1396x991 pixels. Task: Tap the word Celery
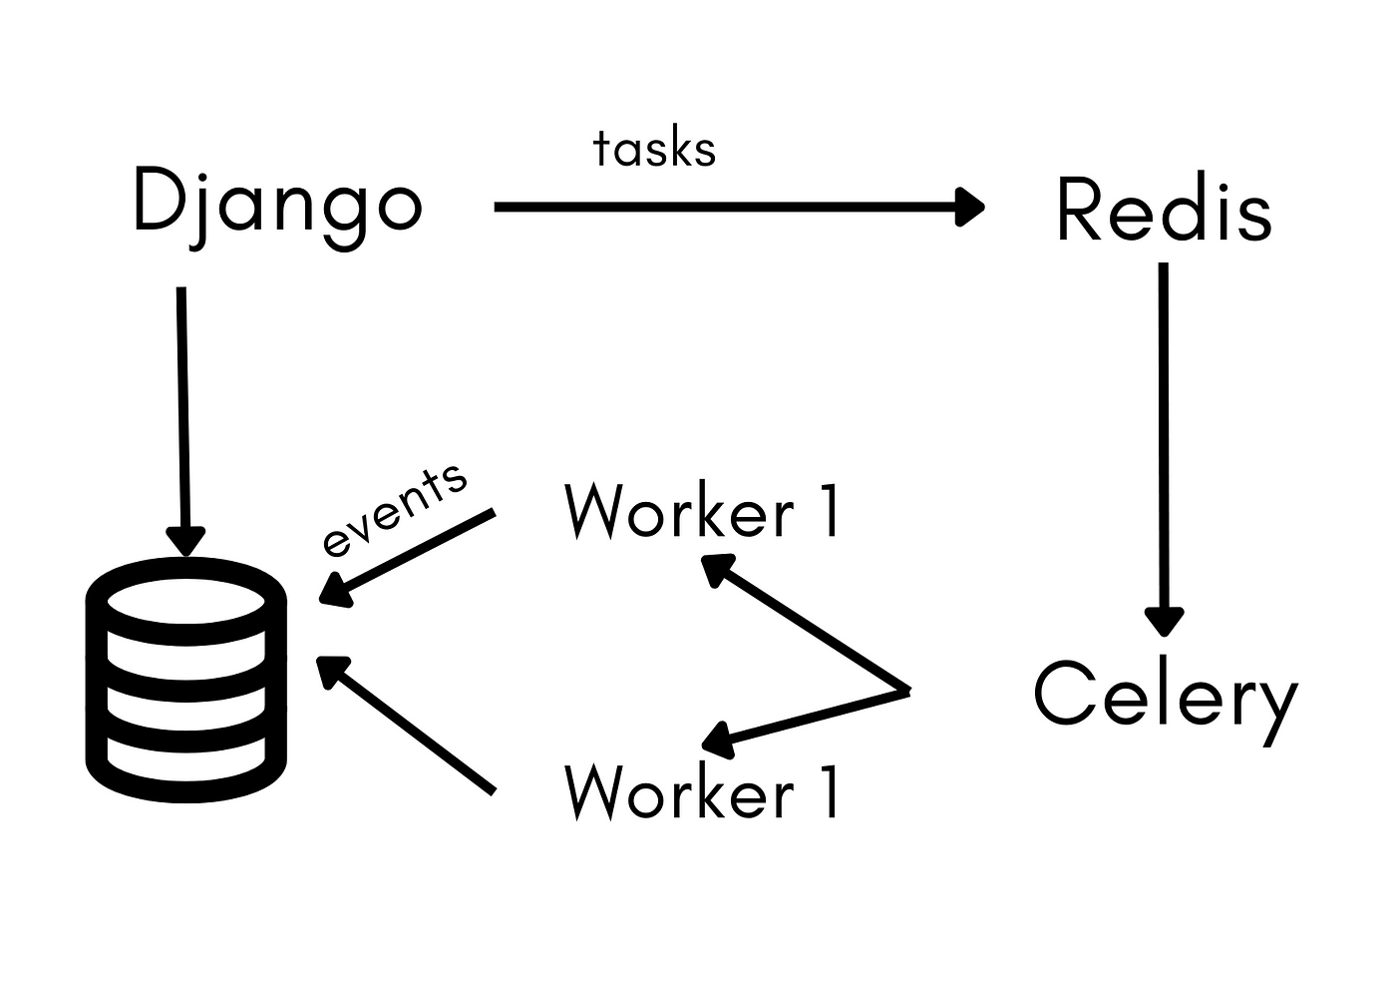pyautogui.click(x=1165, y=696)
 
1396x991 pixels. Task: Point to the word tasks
pyautogui.click(x=654, y=150)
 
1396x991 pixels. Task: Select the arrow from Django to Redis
pyautogui.click(x=738, y=208)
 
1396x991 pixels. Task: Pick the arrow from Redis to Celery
pyautogui.click(x=1164, y=439)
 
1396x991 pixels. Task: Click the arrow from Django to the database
pyautogui.click(x=182, y=409)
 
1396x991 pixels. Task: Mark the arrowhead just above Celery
pyautogui.click(x=1164, y=621)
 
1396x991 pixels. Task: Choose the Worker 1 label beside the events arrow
pyautogui.click(x=703, y=512)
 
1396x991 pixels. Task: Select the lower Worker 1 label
pyautogui.click(x=703, y=792)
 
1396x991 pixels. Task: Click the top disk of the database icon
pyautogui.click(x=186, y=602)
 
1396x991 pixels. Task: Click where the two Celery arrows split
pyautogui.click(x=907, y=691)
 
